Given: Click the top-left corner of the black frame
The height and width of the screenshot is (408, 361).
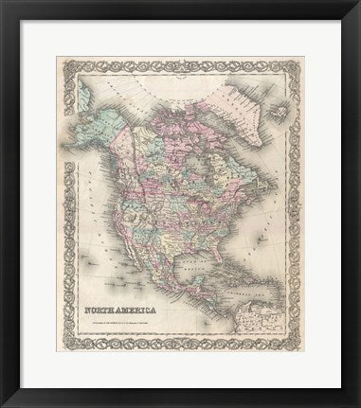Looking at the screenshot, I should tap(4, 4).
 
